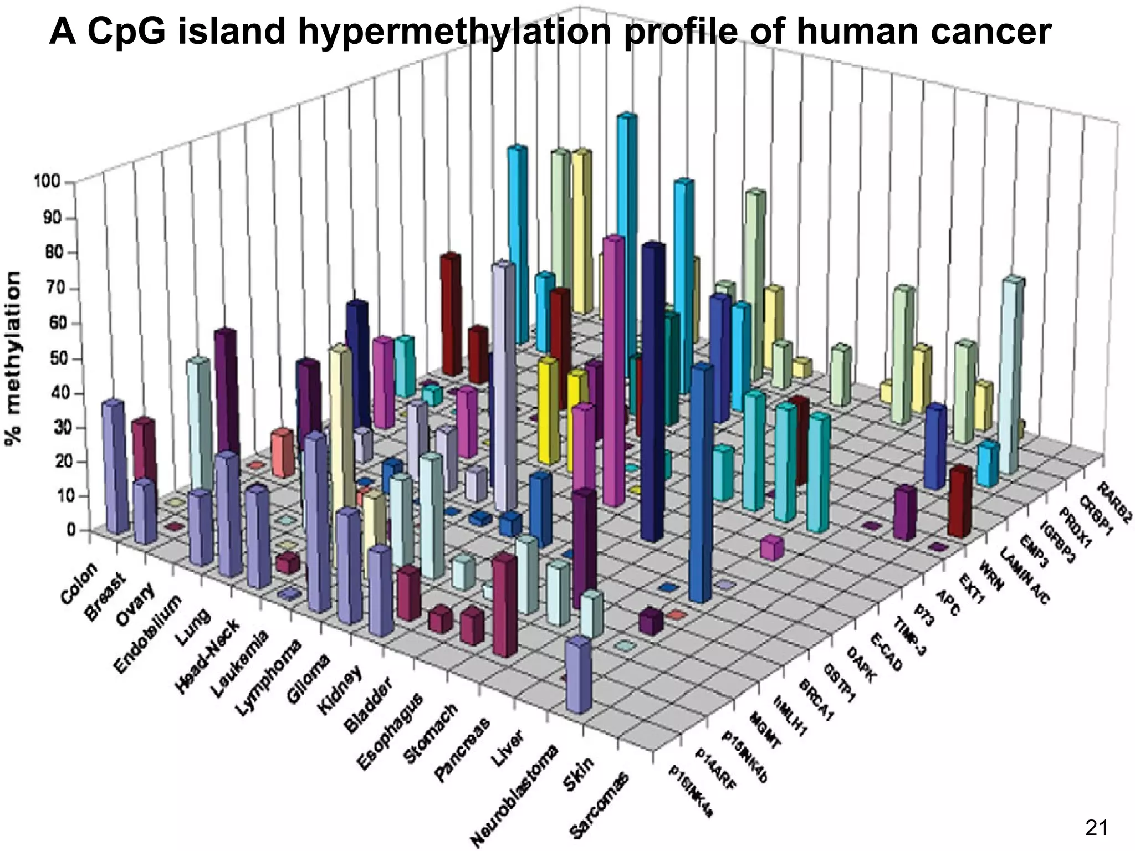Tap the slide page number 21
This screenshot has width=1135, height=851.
[1096, 828]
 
